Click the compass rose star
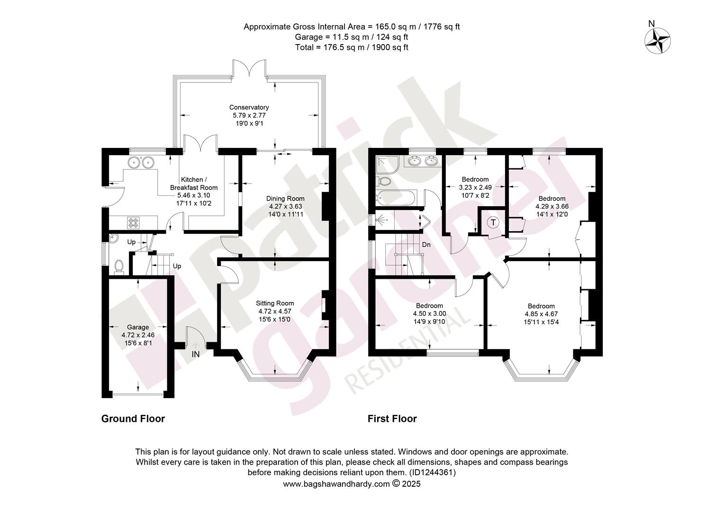pyautogui.click(x=657, y=41)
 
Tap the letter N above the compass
pyautogui.click(x=652, y=24)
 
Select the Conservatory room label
pyautogui.click(x=249, y=107)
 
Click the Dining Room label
pyautogui.click(x=285, y=198)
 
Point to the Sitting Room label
pyautogui.click(x=275, y=303)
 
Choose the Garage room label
pyautogui.click(x=138, y=327)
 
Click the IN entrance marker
pyautogui.click(x=196, y=354)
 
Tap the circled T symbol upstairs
pyautogui.click(x=493, y=222)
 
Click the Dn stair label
pyautogui.click(x=426, y=245)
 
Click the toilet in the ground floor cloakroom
pyautogui.click(x=119, y=267)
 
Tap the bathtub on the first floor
pyautogui.click(x=396, y=198)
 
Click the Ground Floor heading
pyautogui.click(x=133, y=419)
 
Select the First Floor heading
pyautogui.click(x=392, y=419)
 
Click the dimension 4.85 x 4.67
pyautogui.click(x=541, y=314)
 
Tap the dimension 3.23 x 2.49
pyautogui.click(x=475, y=187)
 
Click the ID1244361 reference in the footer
pyautogui.click(x=433, y=473)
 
